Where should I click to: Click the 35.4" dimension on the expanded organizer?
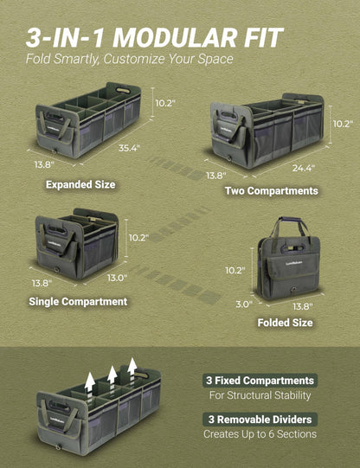[129, 148]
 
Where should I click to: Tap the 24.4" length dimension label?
[303, 169]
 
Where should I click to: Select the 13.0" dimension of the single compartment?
[118, 278]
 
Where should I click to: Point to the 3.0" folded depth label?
[244, 305]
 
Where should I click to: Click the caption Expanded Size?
[80, 184]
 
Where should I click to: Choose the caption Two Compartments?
[272, 190]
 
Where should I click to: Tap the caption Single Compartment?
[78, 301]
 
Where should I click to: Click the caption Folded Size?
[285, 323]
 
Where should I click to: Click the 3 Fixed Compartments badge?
[260, 381]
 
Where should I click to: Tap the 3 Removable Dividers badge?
[260, 420]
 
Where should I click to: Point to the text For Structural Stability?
[260, 395]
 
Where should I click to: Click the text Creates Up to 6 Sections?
[260, 434]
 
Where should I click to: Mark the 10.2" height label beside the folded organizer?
[235, 271]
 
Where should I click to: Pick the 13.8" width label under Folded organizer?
[302, 306]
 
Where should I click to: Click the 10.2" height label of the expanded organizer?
[165, 103]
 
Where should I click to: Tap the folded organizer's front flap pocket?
[292, 270]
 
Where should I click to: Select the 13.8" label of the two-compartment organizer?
[216, 176]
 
